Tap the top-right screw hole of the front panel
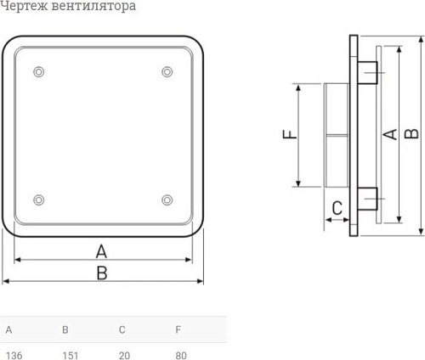point(167,71)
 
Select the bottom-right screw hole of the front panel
point(167,200)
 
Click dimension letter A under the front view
point(102,250)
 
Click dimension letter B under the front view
point(102,273)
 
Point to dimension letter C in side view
point(337,207)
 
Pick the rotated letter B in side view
point(411,133)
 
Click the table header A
point(8,329)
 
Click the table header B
point(65,329)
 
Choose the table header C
point(122,329)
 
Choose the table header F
point(178,329)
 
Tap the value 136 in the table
point(14,355)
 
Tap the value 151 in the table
point(71,355)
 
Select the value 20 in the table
point(125,355)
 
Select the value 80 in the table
point(181,355)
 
